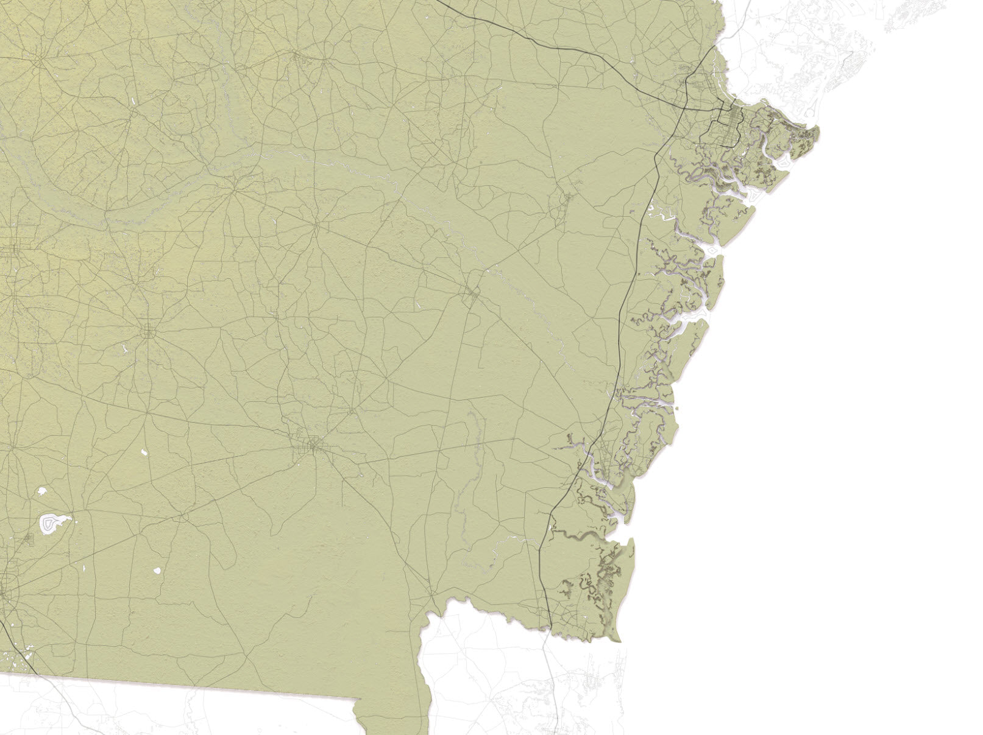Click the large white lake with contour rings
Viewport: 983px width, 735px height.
coord(51,524)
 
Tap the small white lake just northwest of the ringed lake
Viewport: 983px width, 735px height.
coord(42,490)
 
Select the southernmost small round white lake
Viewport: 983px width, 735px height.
coord(157,571)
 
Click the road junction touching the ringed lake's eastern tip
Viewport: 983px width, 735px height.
coord(70,519)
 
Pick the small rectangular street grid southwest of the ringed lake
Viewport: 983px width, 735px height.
coord(28,538)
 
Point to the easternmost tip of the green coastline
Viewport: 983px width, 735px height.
coord(818,130)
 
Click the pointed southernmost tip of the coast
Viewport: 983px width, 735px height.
coord(619,641)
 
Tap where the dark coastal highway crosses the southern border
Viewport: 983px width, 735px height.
coord(551,630)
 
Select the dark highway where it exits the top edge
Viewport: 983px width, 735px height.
coord(438,2)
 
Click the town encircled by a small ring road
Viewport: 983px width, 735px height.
coord(148,332)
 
